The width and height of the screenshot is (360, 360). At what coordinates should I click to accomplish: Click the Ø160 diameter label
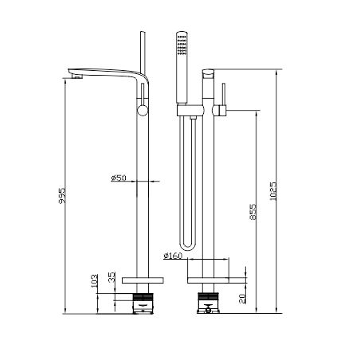pos(174,256)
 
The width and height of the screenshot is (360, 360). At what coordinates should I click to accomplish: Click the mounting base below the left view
pos(143,303)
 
